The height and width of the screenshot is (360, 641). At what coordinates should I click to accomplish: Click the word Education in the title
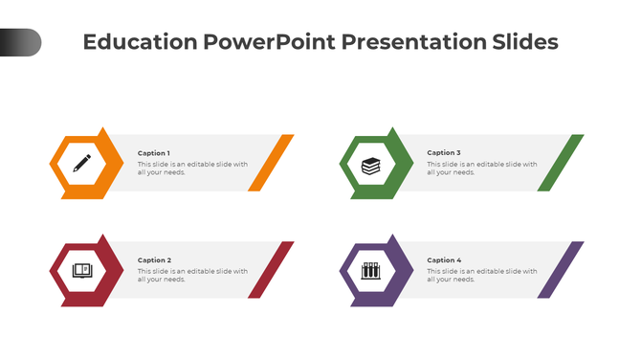(x=139, y=43)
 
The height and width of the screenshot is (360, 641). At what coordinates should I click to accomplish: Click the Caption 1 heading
(x=154, y=153)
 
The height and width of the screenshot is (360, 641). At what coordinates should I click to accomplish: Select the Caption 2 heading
(x=154, y=260)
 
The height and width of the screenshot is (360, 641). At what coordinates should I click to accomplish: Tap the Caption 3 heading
(x=444, y=153)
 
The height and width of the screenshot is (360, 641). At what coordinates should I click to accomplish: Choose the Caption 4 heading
(x=444, y=260)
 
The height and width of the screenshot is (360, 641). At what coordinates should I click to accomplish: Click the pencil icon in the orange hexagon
(x=81, y=164)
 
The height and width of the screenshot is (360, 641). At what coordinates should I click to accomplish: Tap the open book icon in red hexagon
(x=81, y=271)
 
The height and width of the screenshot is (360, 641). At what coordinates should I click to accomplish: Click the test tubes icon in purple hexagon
(x=370, y=271)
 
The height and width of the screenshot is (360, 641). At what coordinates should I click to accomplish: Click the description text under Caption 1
(x=192, y=169)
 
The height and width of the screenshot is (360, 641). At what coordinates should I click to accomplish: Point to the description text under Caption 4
(x=481, y=276)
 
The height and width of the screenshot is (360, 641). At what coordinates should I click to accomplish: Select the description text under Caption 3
(x=481, y=169)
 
